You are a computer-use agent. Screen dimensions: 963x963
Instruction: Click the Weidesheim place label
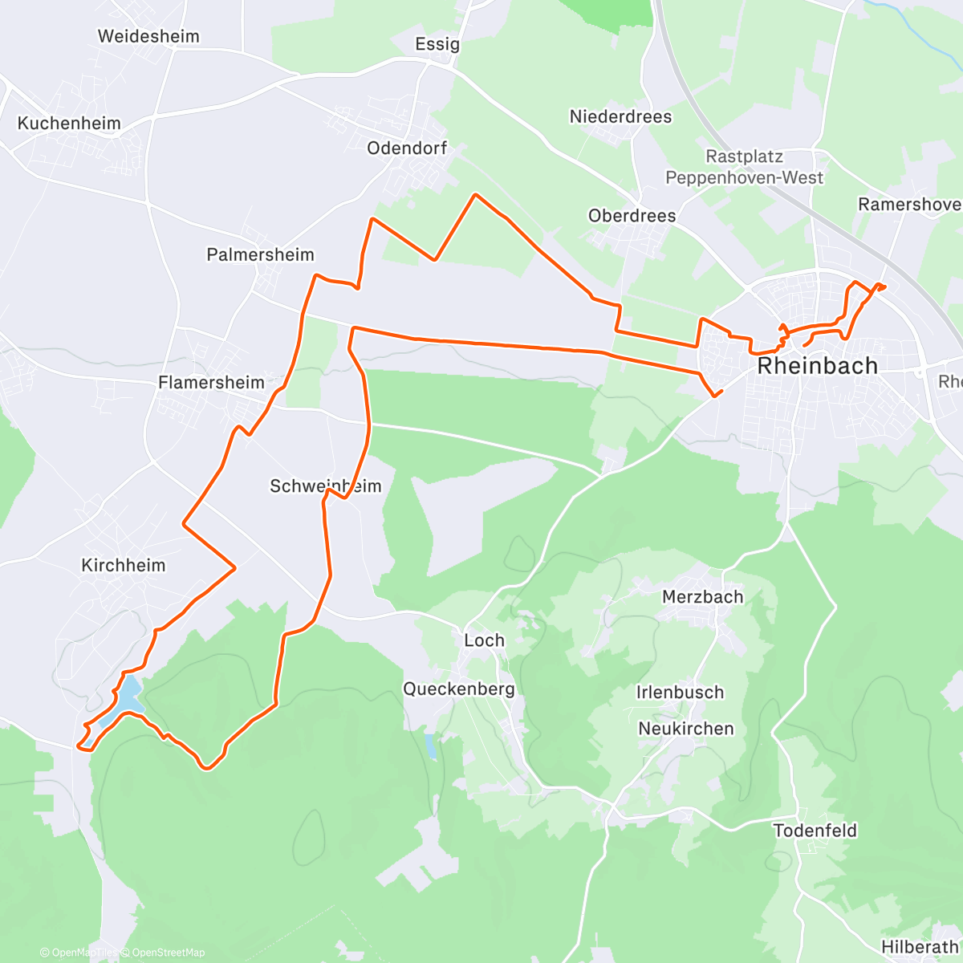point(148,36)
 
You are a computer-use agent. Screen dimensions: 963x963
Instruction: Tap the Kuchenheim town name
point(69,124)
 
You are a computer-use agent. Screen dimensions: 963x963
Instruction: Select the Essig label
point(437,44)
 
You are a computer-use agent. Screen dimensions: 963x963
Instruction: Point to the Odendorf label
point(407,148)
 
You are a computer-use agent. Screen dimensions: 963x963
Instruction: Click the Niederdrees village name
point(620,117)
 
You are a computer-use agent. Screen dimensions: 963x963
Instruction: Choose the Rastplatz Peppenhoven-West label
point(745,168)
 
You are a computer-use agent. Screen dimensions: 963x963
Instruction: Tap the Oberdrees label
point(632,216)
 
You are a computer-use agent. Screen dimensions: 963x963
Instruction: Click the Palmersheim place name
point(260,255)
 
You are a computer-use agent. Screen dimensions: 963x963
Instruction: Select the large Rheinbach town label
point(818,366)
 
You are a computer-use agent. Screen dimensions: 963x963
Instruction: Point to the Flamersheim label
point(211,383)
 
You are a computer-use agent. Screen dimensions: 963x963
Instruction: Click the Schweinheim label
point(325,486)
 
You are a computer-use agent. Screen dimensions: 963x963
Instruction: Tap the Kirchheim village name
point(124,566)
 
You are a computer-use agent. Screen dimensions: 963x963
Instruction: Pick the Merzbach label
point(702,597)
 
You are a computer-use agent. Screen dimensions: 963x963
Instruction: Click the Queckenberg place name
point(458,689)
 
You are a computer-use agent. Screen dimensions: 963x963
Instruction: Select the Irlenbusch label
point(680,693)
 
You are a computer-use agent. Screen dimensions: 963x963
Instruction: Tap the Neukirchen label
point(685,729)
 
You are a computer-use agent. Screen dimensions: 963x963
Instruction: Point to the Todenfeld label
point(815,831)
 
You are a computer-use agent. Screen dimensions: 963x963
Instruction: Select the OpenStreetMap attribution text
point(168,953)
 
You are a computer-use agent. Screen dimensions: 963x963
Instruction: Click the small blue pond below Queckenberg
point(432,746)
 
